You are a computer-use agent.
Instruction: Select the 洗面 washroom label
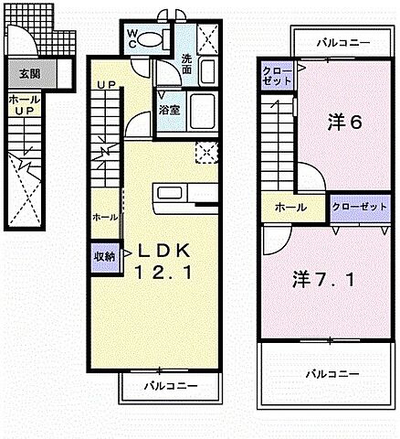[x=186, y=63]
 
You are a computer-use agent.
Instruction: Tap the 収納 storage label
[x=103, y=256]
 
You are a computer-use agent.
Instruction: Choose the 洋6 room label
[x=342, y=123]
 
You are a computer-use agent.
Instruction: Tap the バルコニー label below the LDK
[x=170, y=387]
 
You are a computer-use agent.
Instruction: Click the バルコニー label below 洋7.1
[x=331, y=373]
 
